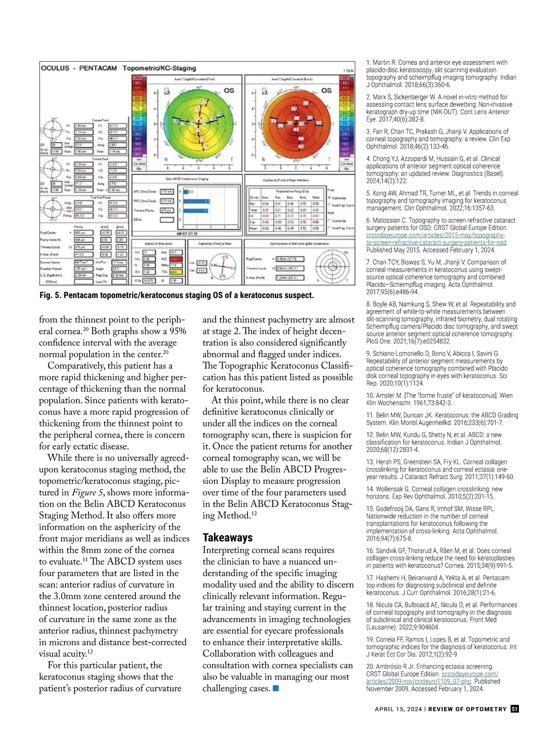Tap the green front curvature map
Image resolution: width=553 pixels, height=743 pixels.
tap(199, 123)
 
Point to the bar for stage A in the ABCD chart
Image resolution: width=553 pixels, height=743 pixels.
tap(186, 192)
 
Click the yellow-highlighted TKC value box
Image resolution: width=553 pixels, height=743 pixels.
tap(176, 272)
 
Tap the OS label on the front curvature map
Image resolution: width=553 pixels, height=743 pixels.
tap(229, 91)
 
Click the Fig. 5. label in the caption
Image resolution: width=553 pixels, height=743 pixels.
tap(50, 295)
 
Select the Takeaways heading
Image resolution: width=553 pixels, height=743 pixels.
tap(228, 538)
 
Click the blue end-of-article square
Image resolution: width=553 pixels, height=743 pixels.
tap(276, 689)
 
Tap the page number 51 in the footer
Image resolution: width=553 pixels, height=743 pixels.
tap(515, 709)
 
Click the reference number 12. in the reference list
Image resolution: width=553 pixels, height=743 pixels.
tap(370, 435)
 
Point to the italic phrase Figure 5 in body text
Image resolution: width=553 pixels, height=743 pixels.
tap(84, 492)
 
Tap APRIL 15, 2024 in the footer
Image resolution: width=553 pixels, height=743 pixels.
tap(398, 709)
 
